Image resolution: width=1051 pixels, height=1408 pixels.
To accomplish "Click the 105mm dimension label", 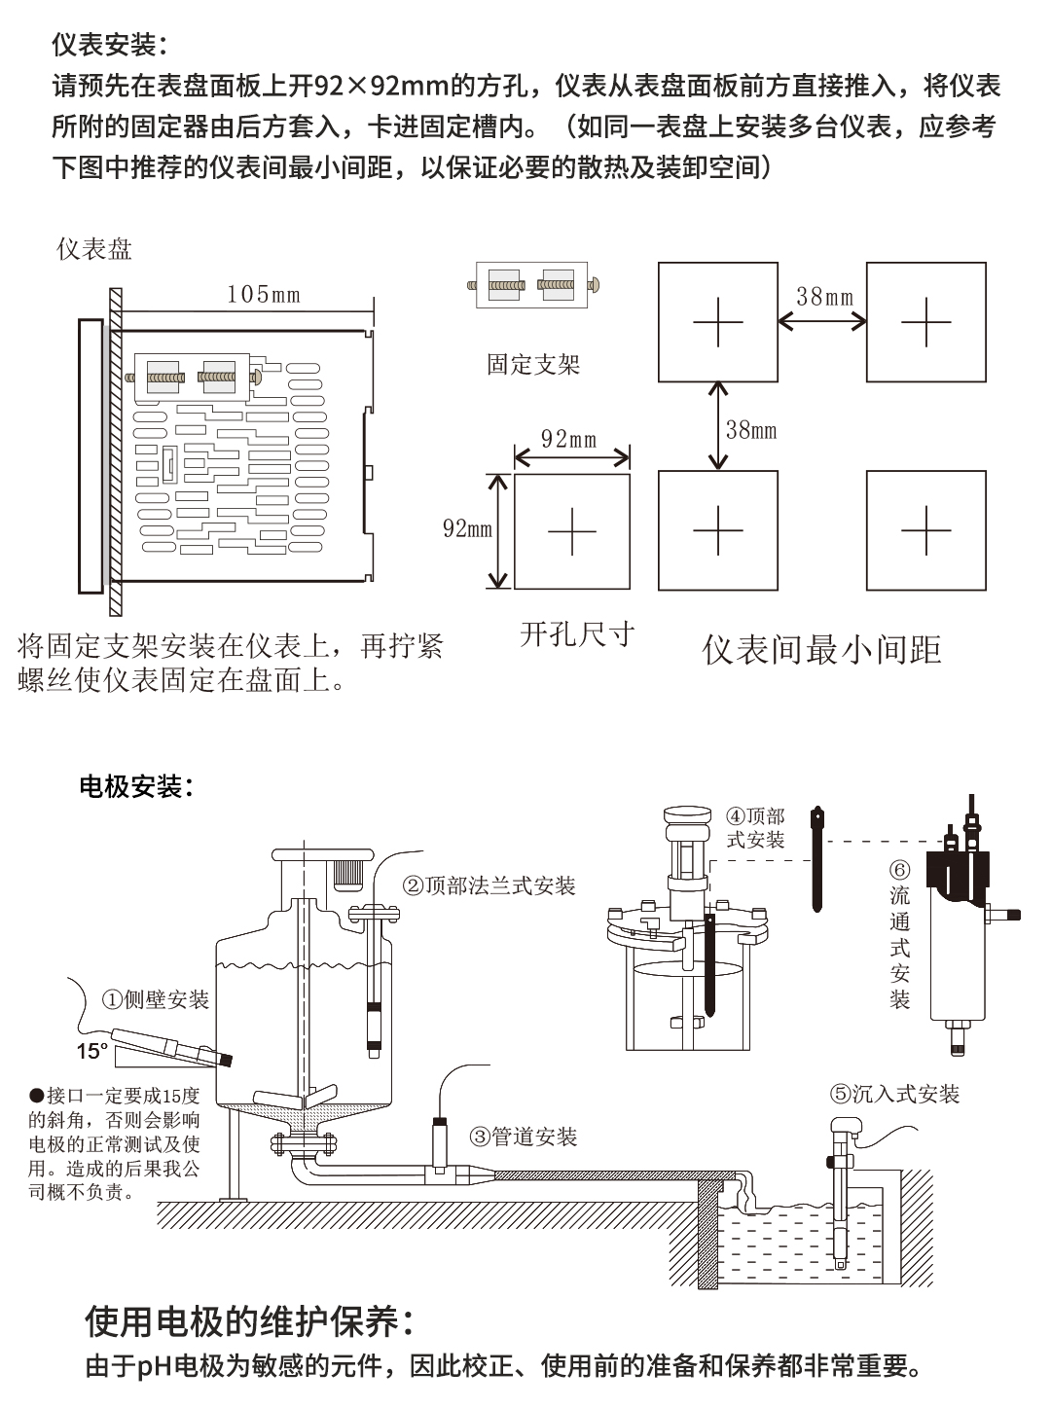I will [x=263, y=294].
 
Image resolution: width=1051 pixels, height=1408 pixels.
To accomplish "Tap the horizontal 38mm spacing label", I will [x=823, y=297].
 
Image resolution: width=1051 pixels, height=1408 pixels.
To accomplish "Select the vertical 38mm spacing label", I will [x=751, y=429].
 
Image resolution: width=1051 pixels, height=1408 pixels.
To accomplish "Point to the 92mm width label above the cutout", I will [x=569, y=439].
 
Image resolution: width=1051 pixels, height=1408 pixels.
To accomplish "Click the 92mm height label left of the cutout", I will [x=467, y=528].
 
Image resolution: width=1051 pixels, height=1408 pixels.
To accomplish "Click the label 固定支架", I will [x=532, y=365].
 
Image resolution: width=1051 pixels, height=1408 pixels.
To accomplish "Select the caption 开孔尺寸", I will [x=577, y=634].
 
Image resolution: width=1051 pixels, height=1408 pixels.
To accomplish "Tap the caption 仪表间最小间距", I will [x=821, y=650].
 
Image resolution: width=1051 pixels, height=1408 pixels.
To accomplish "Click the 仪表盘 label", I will [x=94, y=249].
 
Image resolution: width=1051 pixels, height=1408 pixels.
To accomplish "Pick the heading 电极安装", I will [x=135, y=786].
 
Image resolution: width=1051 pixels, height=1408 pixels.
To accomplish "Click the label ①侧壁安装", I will [x=156, y=999].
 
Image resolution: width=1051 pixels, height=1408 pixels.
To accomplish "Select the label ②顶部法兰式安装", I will [x=489, y=885].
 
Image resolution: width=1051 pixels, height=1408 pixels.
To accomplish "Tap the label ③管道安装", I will [x=524, y=1137].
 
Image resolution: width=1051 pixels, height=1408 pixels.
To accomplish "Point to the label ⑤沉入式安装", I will [x=894, y=1094].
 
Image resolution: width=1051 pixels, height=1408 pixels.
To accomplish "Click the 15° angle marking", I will [x=92, y=1051].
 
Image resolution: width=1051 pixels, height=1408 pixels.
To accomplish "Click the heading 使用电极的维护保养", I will [x=250, y=1322].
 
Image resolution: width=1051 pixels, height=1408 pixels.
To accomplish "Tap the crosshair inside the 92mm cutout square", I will [x=571, y=531].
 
